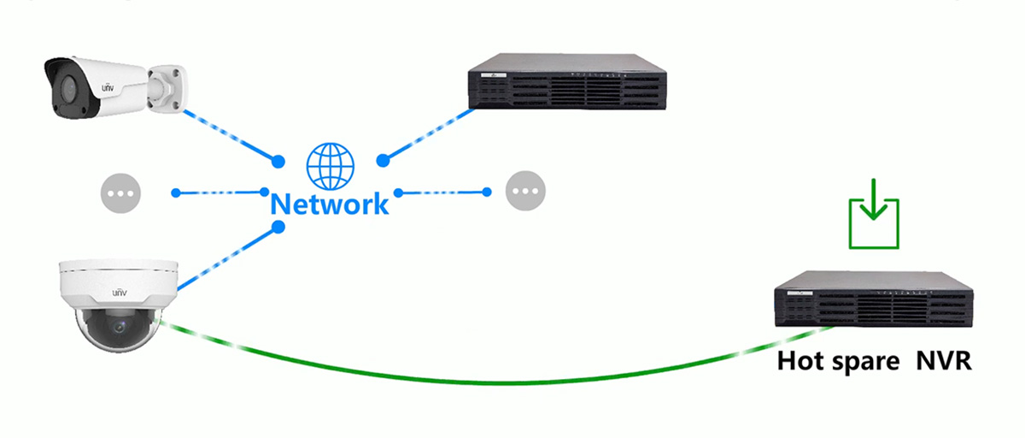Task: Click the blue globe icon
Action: (330, 165)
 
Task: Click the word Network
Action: (330, 204)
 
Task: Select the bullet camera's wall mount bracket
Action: (167, 86)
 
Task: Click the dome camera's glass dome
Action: (117, 329)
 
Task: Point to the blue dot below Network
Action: (278, 227)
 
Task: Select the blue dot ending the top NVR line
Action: (383, 161)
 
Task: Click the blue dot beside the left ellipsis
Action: (176, 192)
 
